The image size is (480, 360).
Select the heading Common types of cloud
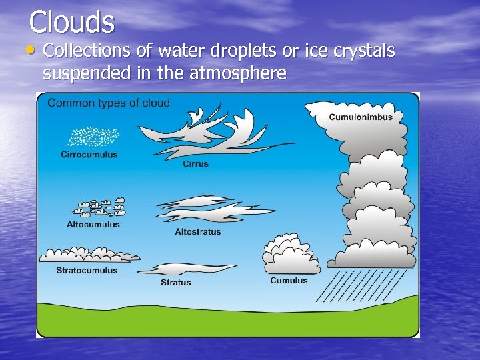pos(109,103)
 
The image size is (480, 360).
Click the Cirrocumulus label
pos(89,155)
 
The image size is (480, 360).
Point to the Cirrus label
pos(195,164)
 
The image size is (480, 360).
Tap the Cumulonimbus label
pos(361,117)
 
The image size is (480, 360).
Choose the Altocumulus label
pos(93,225)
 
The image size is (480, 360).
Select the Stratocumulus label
pos(87,271)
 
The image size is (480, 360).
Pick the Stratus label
pos(175,283)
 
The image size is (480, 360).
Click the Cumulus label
pos(289,281)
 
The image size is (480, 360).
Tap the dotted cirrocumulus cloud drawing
pos(93,137)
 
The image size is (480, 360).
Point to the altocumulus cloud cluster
pos(100,207)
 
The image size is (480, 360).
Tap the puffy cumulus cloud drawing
pos(291,255)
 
